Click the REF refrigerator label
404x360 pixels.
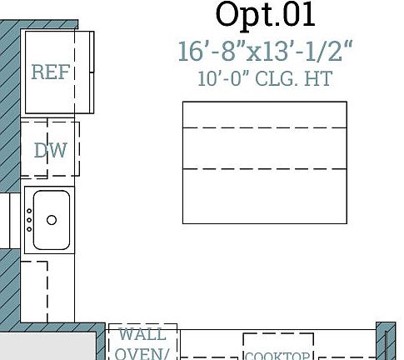50,72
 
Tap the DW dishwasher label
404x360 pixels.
50,151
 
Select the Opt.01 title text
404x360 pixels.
265,14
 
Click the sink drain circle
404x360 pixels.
52,220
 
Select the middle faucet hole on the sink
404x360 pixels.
29,220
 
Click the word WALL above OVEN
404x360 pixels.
142,335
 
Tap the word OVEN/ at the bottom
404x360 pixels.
142,352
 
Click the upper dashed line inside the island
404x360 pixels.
265,128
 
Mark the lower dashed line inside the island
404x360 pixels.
265,169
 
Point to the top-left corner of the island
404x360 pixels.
183,102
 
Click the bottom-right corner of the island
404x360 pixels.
347,223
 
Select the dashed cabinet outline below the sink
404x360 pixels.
34,292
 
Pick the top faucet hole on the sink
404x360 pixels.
29,212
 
